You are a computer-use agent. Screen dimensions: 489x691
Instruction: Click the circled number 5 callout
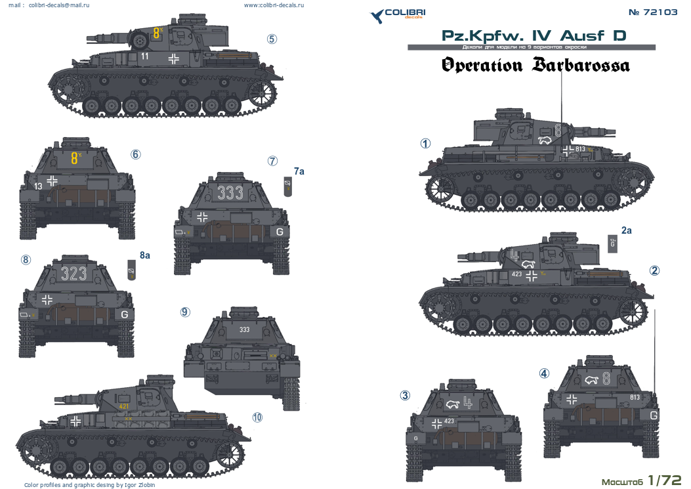tap(272, 39)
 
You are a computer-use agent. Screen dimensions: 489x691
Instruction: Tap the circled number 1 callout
tap(426, 143)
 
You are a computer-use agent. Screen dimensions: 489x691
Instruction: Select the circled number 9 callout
tap(185, 312)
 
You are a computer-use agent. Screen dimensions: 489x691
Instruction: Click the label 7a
tap(299, 171)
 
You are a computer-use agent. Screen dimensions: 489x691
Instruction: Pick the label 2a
tap(626, 230)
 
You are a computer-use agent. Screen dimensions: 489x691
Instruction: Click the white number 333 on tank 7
tap(230, 192)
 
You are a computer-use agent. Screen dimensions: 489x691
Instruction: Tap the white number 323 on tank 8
tap(73, 273)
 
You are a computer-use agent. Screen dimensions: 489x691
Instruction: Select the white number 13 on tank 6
tap(38, 186)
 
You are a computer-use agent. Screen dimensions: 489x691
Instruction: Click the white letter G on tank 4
tap(653, 415)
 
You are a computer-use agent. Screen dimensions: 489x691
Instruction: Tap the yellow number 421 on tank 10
tap(125, 407)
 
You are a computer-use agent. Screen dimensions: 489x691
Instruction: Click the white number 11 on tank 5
tap(145, 56)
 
